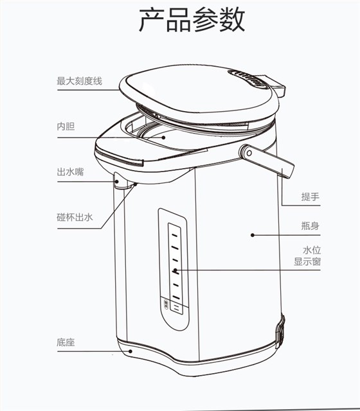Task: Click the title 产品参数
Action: pyautogui.click(x=192, y=20)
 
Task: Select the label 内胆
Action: pyautogui.click(x=66, y=127)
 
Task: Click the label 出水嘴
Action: pyautogui.click(x=70, y=171)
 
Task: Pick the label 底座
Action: pyautogui.click(x=66, y=342)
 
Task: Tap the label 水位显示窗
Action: pyautogui.click(x=307, y=256)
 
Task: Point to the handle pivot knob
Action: pyautogui.click(x=246, y=152)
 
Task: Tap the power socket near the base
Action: pyautogui.click(x=281, y=328)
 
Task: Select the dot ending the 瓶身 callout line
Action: pyautogui.click(x=253, y=235)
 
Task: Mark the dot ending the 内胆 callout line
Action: pyautogui.click(x=163, y=136)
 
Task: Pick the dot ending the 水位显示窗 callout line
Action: pyautogui.click(x=175, y=270)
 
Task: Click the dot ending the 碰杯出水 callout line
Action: pyautogui.click(x=134, y=184)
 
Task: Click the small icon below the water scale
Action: pyautogui.click(x=165, y=302)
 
